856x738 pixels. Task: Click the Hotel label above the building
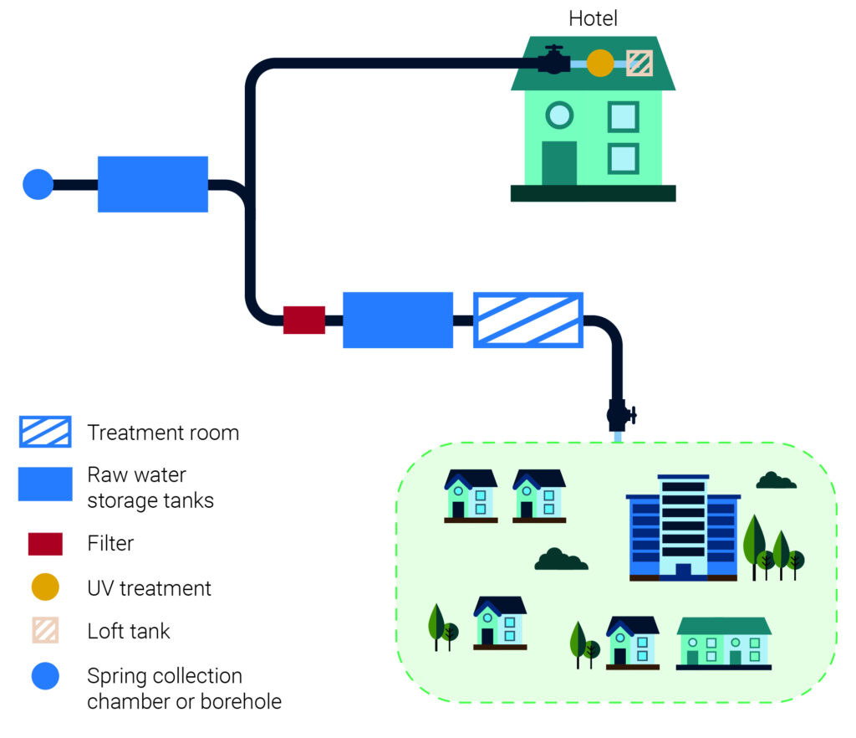[x=593, y=18]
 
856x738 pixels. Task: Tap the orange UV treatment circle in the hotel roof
[x=599, y=62]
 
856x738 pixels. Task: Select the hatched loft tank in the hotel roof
[x=639, y=62]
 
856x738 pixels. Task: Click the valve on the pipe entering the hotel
[x=553, y=61]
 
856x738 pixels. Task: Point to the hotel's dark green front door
[x=559, y=162]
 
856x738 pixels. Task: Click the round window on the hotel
[x=558, y=114]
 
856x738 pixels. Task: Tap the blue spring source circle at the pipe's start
[x=38, y=184]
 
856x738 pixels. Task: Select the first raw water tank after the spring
[x=153, y=184]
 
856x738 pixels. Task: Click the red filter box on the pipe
[x=304, y=320]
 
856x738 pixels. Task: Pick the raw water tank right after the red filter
[x=398, y=320]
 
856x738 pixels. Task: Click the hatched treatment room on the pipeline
[x=528, y=320]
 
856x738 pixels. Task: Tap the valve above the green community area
[x=619, y=413]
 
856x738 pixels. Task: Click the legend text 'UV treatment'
[x=150, y=588]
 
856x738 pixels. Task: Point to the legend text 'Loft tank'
[x=129, y=631]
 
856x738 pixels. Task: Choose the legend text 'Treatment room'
[x=163, y=433]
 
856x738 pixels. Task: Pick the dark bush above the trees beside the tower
[x=776, y=480]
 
